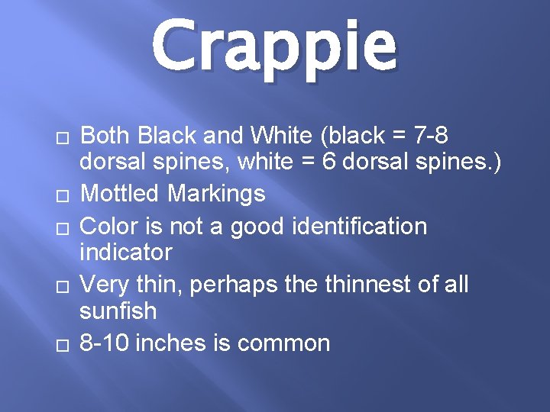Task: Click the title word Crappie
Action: pyautogui.click(x=274, y=47)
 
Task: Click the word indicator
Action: pyautogui.click(x=127, y=252)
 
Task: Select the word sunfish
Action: pyautogui.click(x=118, y=311)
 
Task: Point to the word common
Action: pyautogui.click(x=283, y=343)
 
